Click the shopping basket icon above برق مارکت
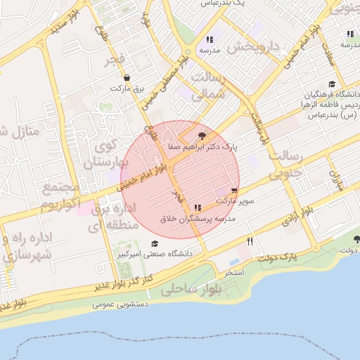point(127,79)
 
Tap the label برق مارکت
point(127,89)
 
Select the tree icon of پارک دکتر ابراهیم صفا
point(203,136)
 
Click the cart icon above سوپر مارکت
point(233,191)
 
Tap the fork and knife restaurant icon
point(250,240)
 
